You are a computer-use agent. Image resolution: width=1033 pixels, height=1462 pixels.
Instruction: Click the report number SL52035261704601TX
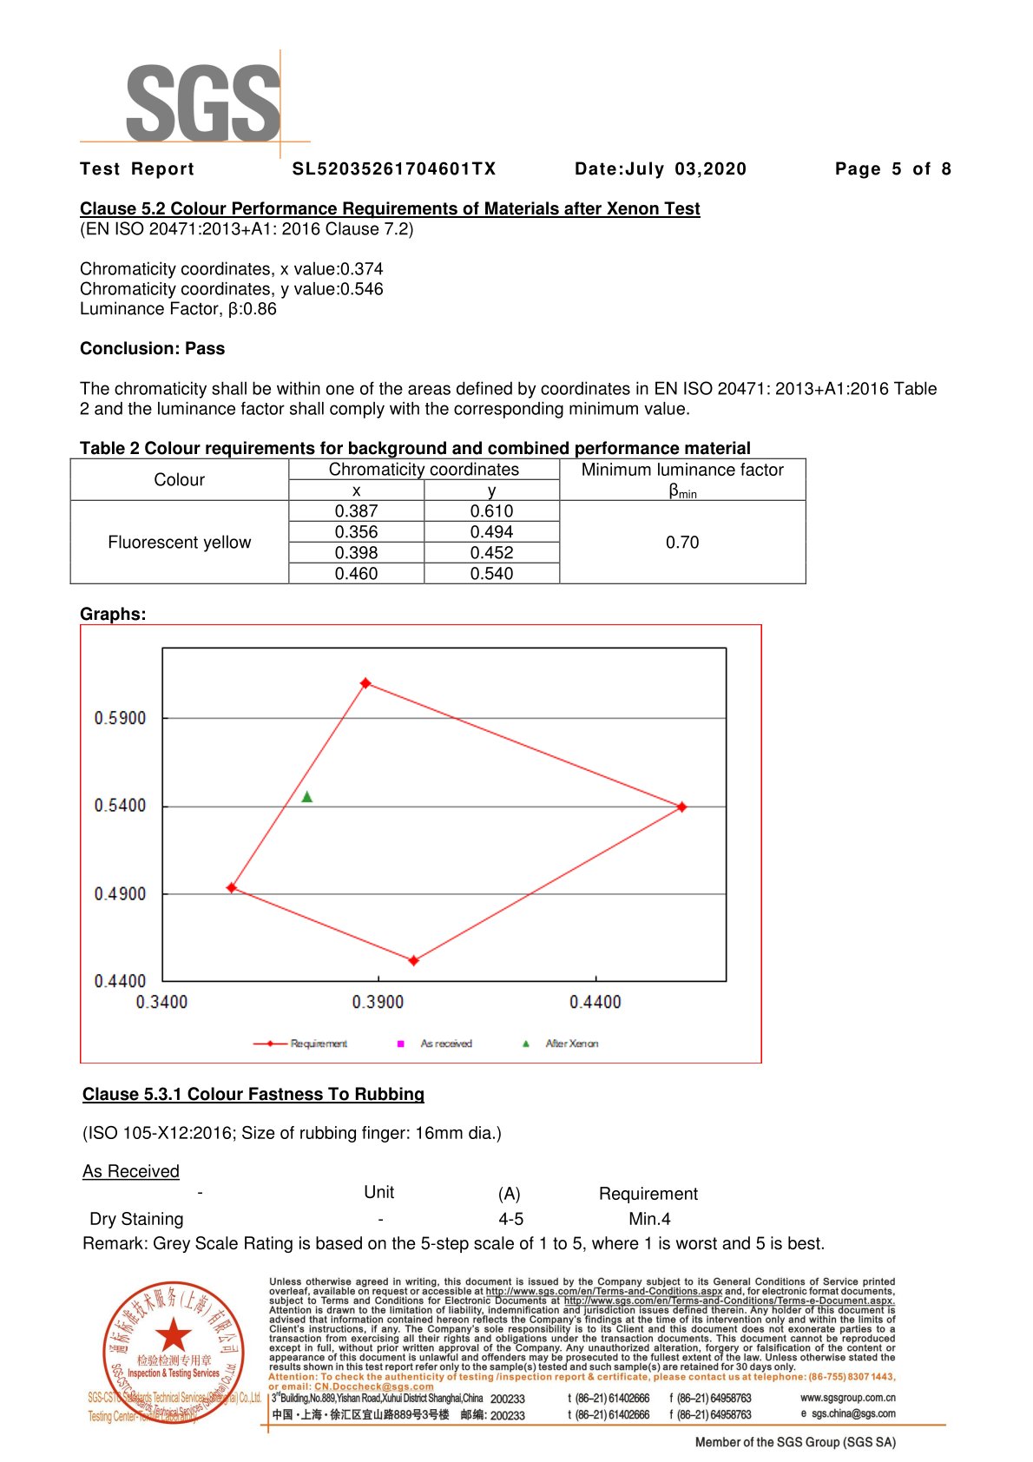click(394, 169)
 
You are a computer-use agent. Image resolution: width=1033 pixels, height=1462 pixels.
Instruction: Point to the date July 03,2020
click(660, 169)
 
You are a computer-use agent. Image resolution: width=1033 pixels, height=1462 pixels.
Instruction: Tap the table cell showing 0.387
click(356, 511)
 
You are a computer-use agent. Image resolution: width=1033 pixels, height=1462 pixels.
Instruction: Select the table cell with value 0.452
click(491, 553)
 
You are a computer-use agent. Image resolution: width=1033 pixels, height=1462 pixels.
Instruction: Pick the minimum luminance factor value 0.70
click(682, 543)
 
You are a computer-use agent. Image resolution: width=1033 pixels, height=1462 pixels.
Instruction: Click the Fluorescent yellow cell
click(179, 543)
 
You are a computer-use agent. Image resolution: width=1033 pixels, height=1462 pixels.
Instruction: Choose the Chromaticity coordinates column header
click(424, 470)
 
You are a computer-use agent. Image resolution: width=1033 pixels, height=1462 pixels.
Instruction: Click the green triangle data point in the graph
click(306, 797)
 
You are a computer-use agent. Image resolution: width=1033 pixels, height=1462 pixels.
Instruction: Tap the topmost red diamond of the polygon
click(365, 683)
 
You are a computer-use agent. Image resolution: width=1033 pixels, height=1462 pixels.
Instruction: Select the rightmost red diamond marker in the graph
click(682, 807)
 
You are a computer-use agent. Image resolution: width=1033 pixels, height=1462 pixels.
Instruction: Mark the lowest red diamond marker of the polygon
click(414, 960)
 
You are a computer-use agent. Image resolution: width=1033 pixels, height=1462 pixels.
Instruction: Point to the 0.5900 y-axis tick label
click(120, 718)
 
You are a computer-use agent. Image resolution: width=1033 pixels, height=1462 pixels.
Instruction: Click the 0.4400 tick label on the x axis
click(595, 1002)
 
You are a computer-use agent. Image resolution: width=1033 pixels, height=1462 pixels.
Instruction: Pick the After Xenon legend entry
click(562, 1044)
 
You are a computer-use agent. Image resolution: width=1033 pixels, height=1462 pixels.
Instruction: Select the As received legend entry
click(437, 1044)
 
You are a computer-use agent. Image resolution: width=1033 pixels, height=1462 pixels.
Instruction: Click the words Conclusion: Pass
click(152, 349)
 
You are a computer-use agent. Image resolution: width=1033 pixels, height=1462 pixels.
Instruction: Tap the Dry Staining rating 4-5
click(510, 1219)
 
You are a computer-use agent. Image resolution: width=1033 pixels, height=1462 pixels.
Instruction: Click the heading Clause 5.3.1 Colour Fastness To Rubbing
click(253, 1094)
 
